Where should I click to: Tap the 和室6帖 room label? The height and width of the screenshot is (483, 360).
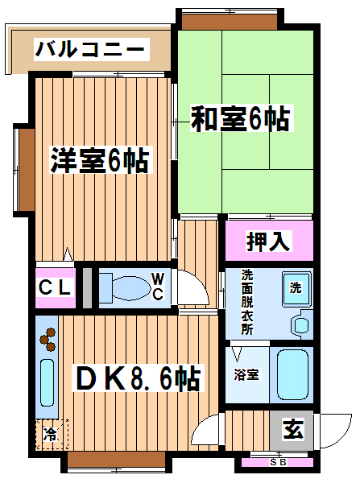pos(241,118)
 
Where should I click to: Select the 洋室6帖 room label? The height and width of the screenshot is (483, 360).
pos(101,160)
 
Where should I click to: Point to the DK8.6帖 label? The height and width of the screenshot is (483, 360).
pos(138,378)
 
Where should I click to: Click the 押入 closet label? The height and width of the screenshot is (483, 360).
pos(269,242)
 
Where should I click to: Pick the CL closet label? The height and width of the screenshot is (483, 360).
pos(55,287)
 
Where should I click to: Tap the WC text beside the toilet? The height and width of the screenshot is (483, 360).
pos(158,287)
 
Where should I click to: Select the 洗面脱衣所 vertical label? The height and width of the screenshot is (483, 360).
pos(247,302)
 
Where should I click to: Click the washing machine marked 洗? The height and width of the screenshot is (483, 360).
pos(296,288)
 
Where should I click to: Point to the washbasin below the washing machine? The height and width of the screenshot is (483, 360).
pos(301,325)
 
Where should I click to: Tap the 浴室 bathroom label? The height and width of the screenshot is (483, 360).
pos(246,374)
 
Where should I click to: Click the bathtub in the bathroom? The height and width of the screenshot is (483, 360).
pos(292,375)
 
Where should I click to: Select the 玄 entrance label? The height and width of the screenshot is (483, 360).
pos(293,429)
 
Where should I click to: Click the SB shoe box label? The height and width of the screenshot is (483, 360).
pos(279,462)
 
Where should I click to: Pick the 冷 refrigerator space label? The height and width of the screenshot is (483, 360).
pos(50,435)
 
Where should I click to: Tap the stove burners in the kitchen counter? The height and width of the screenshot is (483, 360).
pos(48,340)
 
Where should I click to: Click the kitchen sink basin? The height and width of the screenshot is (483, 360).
pos(48,383)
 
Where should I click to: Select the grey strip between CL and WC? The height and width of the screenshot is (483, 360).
pos(88,288)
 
